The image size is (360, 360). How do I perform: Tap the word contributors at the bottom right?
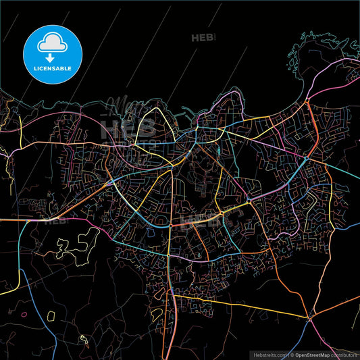[x=343, y=354]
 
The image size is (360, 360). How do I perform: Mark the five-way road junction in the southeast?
[x=310, y=316]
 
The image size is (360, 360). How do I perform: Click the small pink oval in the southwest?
[x=24, y=314]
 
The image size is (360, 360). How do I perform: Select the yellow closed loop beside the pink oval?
[x=51, y=313]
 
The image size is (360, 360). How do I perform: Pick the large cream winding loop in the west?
[x=74, y=247]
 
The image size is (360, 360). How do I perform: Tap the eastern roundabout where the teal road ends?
[x=306, y=158]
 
